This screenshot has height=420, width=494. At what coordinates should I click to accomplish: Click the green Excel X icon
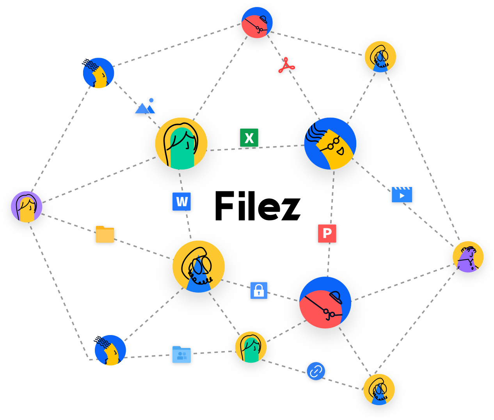tap(249, 138)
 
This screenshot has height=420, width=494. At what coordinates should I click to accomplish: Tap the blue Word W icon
tap(182, 201)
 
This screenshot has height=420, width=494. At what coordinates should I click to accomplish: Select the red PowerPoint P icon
tap(327, 233)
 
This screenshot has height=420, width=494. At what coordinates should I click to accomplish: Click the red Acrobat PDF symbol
tap(286, 66)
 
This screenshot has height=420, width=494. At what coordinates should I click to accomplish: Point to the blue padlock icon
tap(259, 290)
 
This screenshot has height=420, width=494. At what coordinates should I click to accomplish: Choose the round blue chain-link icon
tap(316, 371)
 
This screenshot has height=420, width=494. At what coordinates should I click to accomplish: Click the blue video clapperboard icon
tap(402, 194)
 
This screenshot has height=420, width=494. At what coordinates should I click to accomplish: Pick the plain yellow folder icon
tap(105, 234)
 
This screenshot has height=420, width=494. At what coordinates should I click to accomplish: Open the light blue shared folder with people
tap(181, 355)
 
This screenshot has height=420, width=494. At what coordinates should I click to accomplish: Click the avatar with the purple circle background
tap(27, 206)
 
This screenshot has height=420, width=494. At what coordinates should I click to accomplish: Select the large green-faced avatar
tap(181, 143)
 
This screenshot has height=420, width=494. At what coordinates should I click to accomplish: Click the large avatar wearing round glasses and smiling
tap(330, 143)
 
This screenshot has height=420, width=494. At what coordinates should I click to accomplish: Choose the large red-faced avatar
tap(325, 303)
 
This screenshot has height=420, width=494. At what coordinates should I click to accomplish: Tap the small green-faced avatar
tap(251, 347)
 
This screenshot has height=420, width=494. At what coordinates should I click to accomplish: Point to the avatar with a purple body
tap(468, 257)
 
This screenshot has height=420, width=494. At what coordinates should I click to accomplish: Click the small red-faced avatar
tap(257, 23)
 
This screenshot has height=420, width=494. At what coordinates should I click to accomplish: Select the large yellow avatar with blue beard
tap(199, 266)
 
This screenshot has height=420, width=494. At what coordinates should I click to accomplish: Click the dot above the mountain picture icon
tap(151, 100)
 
